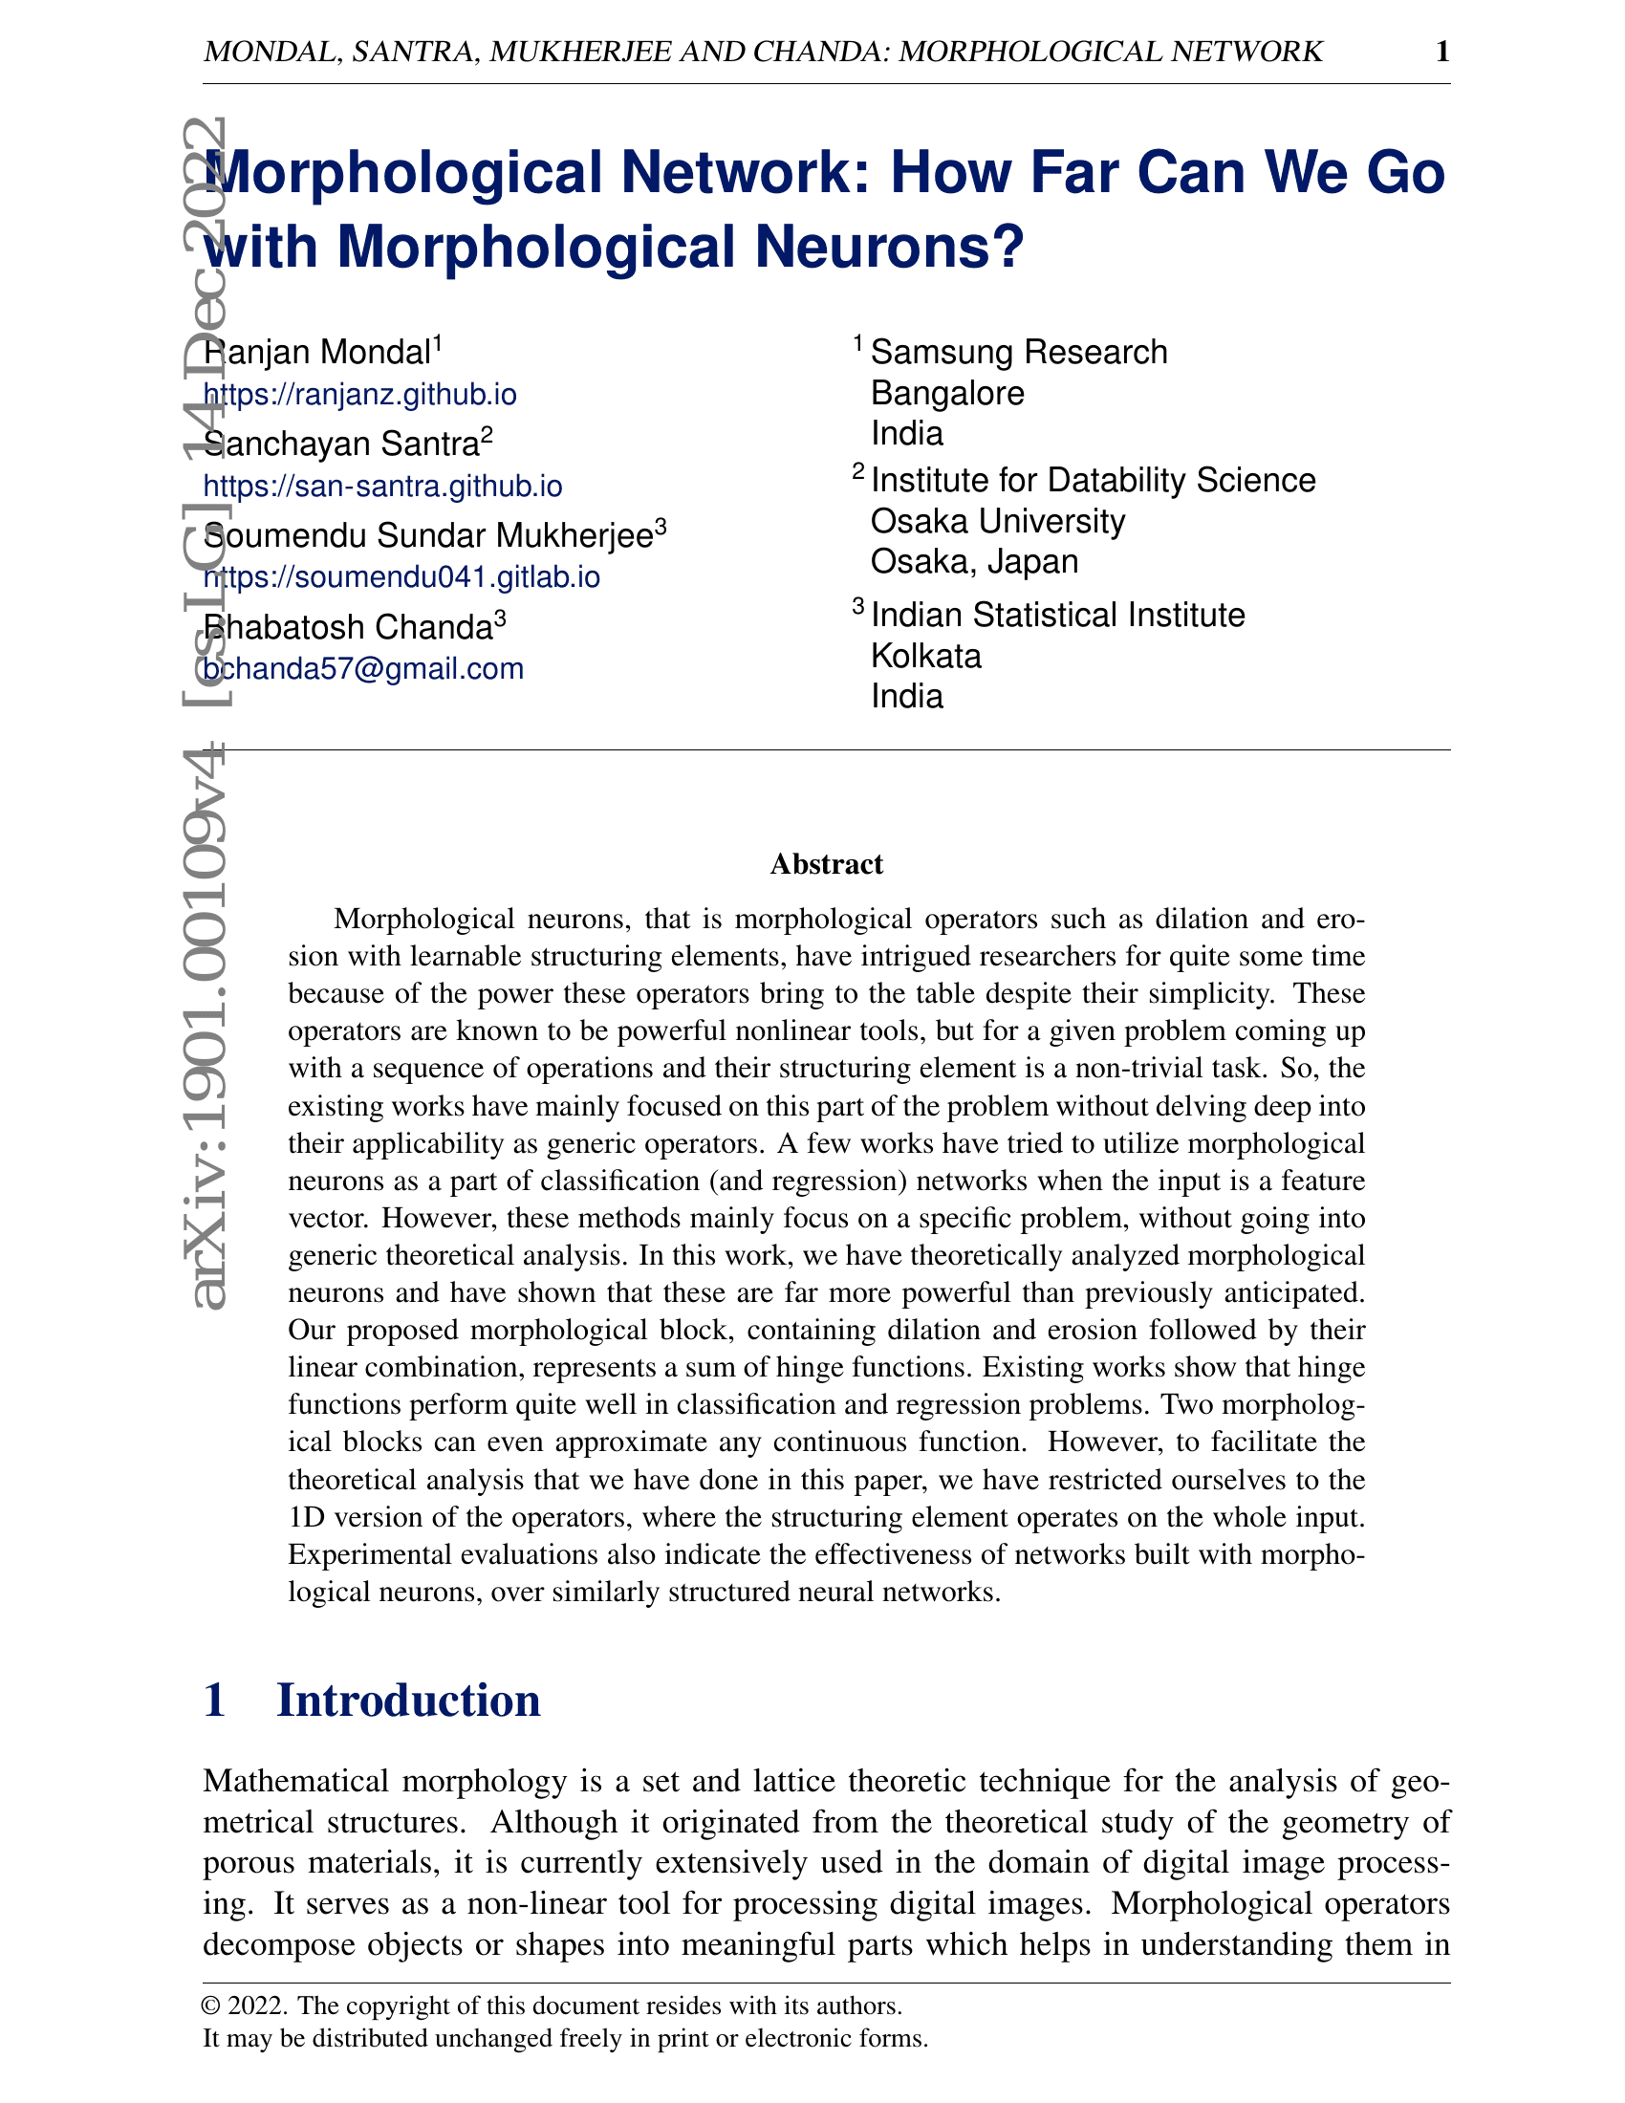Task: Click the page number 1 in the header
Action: click(1442, 51)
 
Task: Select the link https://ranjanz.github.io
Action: click(360, 395)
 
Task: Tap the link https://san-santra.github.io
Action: click(382, 487)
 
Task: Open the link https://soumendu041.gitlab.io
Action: click(401, 576)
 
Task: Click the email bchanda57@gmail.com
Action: click(363, 668)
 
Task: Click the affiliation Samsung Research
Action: click(1019, 353)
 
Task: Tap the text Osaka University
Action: click(997, 521)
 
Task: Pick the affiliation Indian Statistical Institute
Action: click(1057, 615)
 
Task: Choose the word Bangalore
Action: click(947, 393)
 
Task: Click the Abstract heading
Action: click(826, 864)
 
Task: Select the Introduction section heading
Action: click(408, 1699)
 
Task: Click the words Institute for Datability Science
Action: click(1093, 480)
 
